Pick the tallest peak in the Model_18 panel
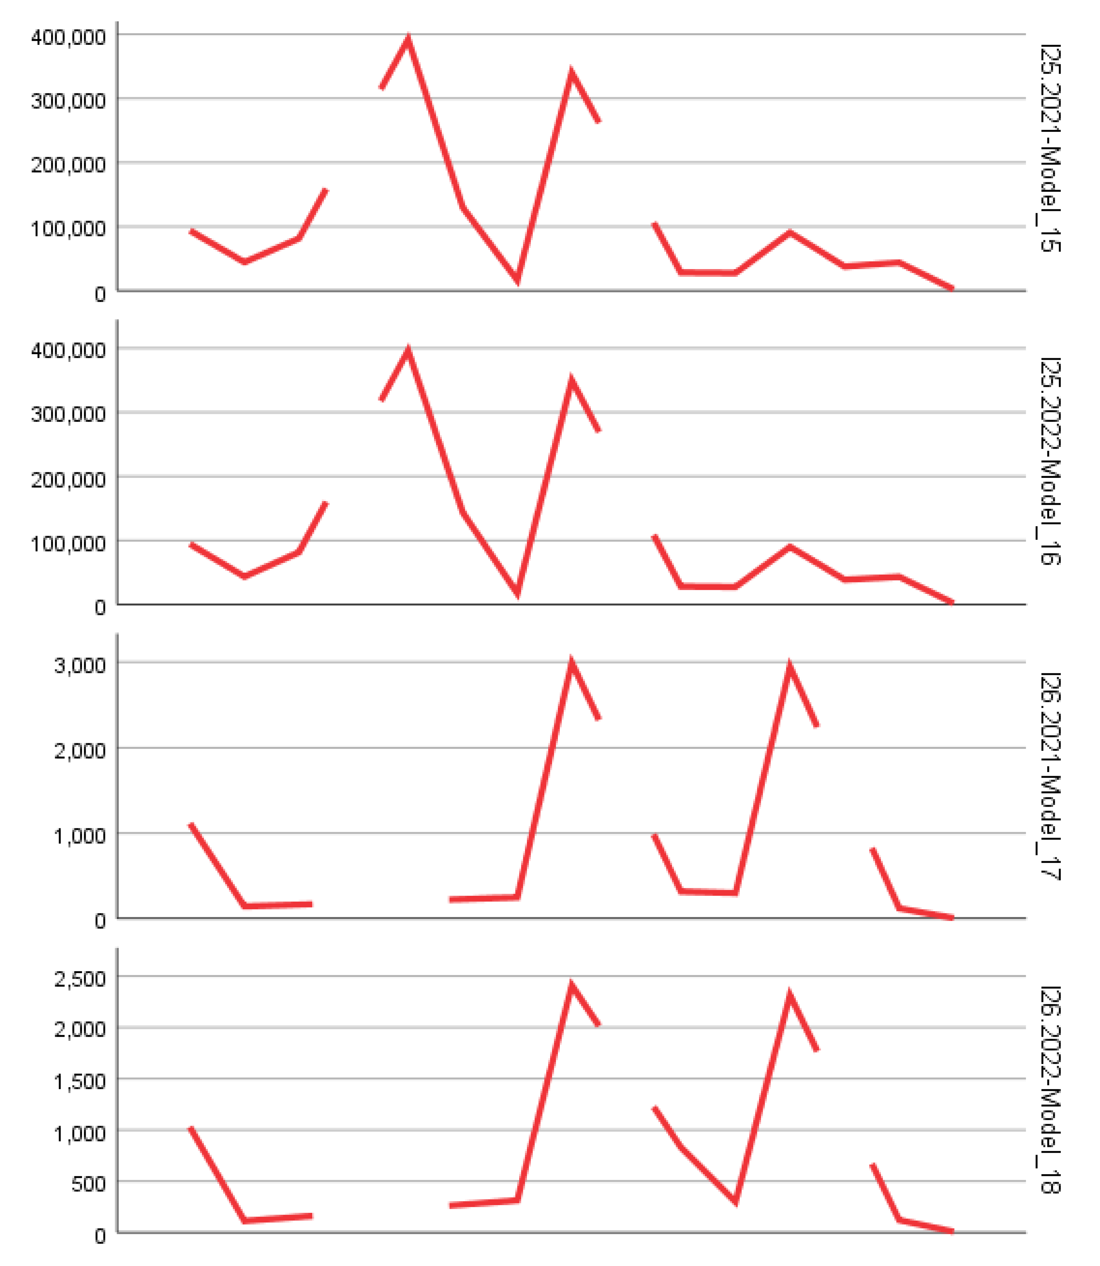click(572, 987)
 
